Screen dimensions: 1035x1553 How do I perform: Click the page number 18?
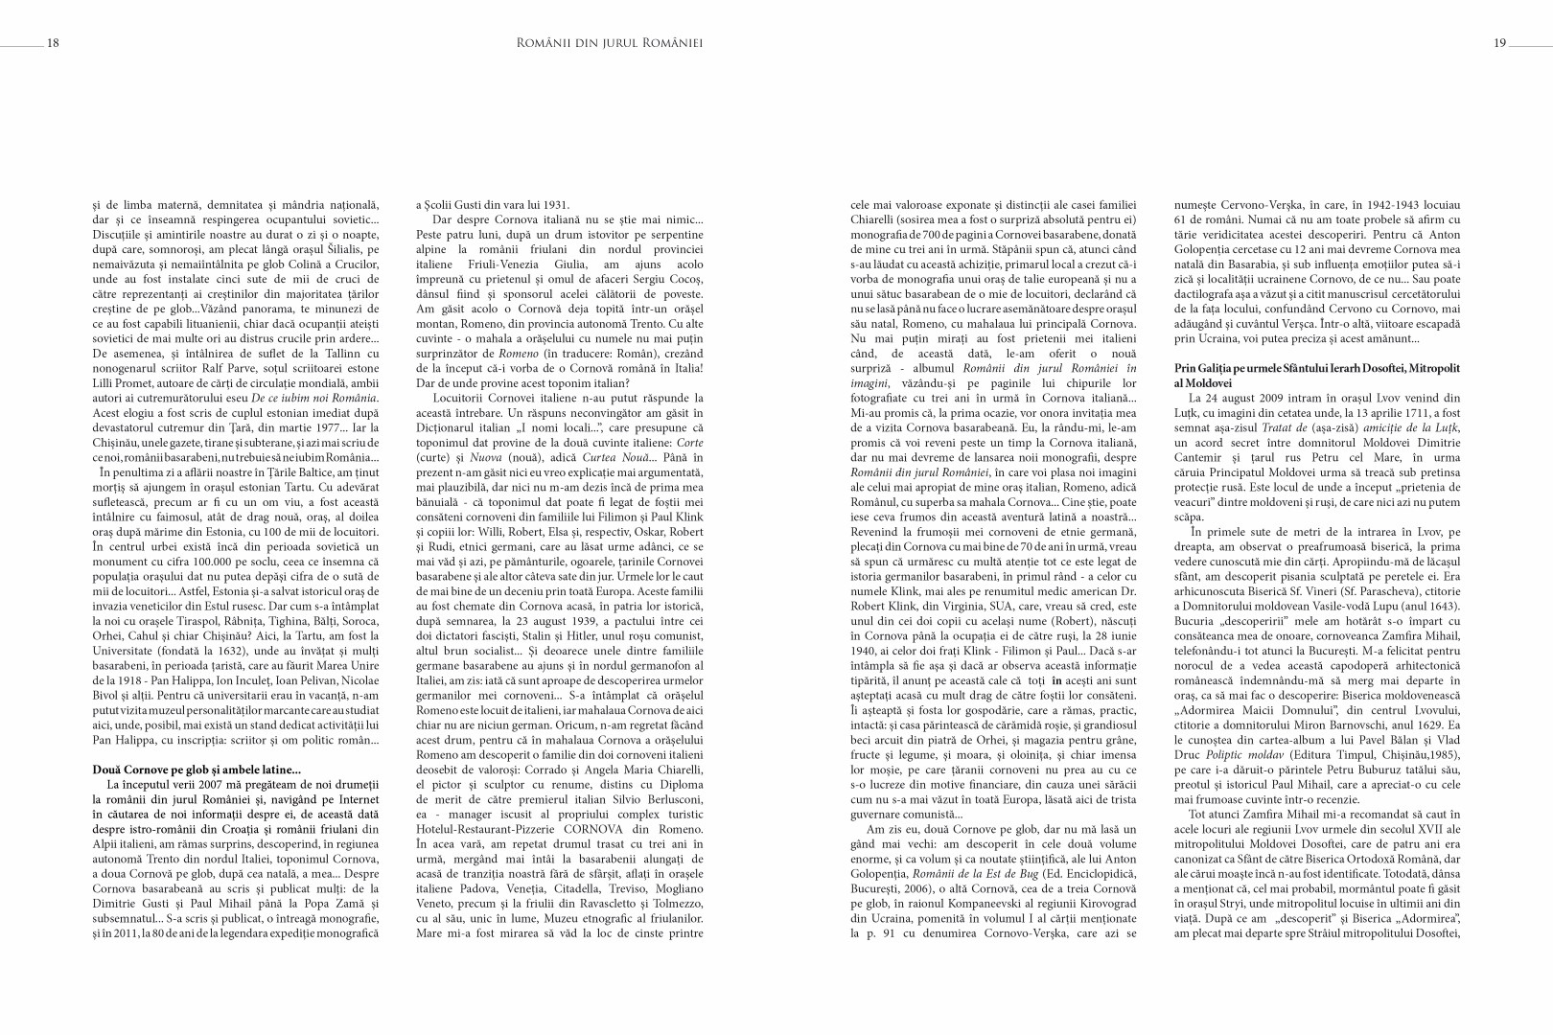tap(53, 42)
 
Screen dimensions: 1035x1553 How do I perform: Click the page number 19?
tap(1500, 42)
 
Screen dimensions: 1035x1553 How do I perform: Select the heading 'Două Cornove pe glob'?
tap(196, 769)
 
